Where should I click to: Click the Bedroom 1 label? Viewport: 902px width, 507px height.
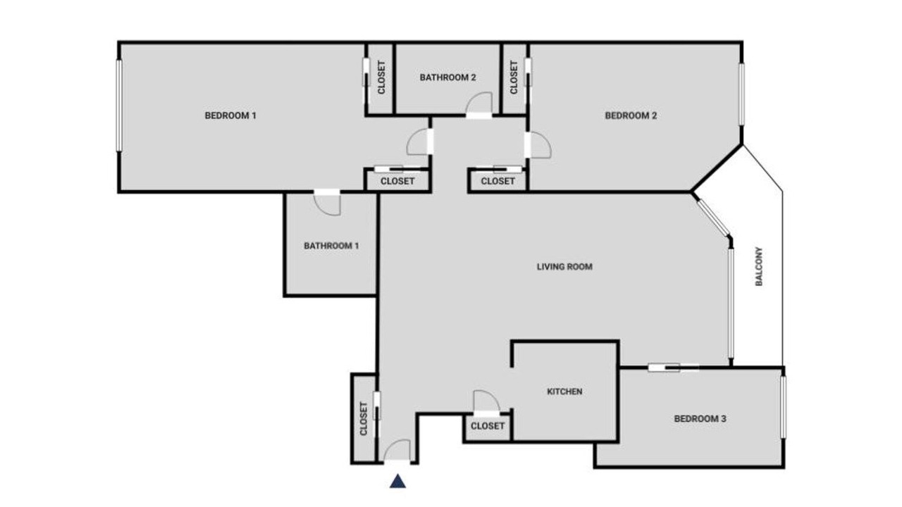[230, 116]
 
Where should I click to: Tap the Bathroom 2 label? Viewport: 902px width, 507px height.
[447, 77]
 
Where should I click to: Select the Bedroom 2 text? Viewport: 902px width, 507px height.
[631, 116]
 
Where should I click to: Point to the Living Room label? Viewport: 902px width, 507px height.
[564, 267]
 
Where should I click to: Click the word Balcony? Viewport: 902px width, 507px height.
[759, 266]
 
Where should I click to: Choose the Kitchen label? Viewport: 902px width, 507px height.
[564, 392]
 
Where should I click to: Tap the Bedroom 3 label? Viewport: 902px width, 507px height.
[700, 419]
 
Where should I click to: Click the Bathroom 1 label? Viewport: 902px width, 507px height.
[331, 246]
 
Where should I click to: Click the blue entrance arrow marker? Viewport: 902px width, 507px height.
[398, 481]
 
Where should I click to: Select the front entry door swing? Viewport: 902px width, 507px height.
[396, 451]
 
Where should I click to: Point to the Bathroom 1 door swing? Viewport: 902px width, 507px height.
[328, 204]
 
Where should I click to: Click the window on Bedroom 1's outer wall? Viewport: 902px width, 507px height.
[119, 106]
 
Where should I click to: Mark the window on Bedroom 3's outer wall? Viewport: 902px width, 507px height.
[783, 407]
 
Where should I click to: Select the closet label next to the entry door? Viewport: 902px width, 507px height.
[364, 418]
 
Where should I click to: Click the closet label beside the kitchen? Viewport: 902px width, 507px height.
[487, 426]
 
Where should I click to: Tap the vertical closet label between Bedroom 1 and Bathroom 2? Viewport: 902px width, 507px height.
[381, 77]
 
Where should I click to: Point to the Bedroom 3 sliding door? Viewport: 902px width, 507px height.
[674, 368]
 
